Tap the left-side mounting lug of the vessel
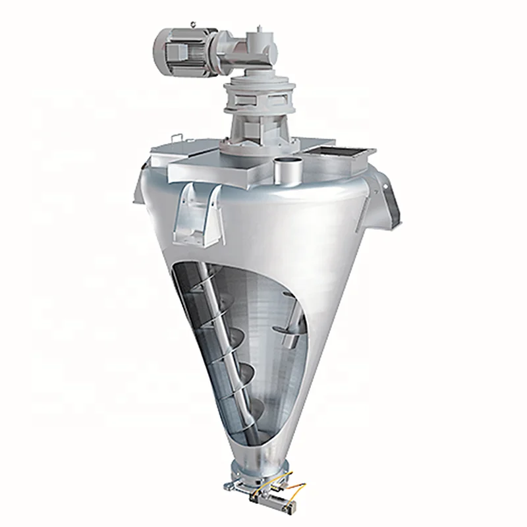coord(140,188)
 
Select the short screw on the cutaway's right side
coord(289,329)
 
